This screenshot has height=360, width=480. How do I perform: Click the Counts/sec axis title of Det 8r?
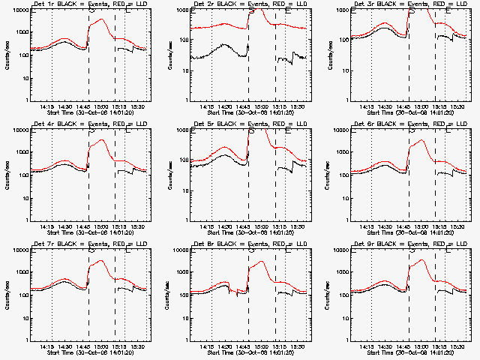click(167, 295)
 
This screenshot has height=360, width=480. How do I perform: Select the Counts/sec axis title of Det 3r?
click(328, 56)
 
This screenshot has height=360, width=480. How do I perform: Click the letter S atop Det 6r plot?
click(411, 130)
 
